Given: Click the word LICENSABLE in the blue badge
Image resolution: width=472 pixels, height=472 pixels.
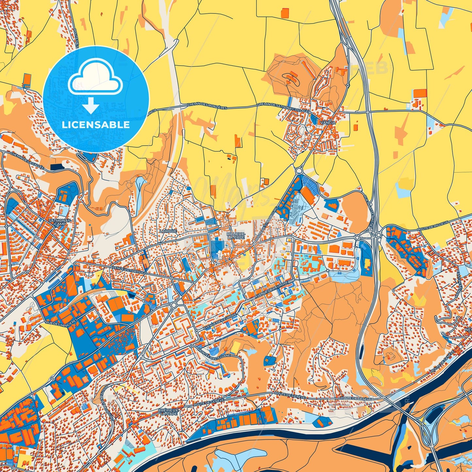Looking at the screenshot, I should [96, 125].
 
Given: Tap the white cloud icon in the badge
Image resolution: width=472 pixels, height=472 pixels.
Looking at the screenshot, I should [95, 78].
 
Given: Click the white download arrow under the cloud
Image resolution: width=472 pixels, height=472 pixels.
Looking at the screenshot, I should [91, 106].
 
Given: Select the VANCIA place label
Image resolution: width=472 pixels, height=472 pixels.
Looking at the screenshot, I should [328, 122].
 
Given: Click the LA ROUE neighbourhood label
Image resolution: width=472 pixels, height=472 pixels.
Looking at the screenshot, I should [168, 231].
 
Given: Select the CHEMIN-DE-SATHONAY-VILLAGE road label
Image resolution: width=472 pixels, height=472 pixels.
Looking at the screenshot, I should [283, 107].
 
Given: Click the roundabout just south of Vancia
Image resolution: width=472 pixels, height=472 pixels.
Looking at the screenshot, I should [298, 171].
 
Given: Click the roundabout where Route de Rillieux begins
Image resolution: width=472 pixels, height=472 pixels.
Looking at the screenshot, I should [379, 235].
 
